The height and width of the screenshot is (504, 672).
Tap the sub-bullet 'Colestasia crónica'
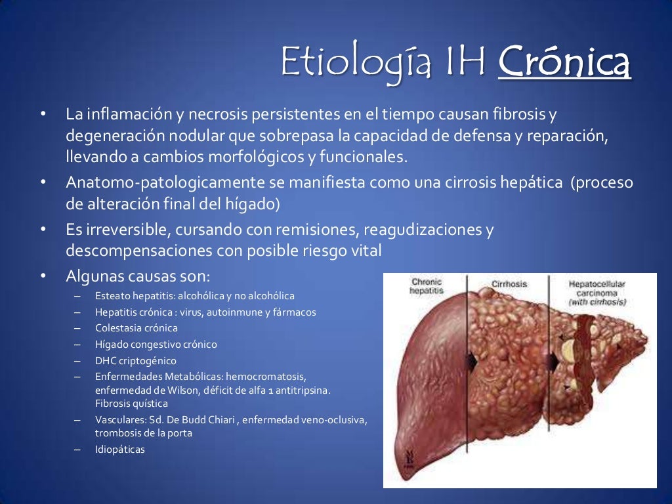coord(136,328)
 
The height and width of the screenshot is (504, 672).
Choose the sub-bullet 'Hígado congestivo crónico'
coord(156,344)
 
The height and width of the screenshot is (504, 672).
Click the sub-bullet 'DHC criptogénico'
coord(135,360)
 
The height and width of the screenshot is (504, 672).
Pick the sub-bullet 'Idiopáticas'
coord(119,450)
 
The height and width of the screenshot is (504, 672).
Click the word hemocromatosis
coord(266,377)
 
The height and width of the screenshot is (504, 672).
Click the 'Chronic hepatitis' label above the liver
coord(427,286)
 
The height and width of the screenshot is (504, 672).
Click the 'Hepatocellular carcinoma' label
coord(597,288)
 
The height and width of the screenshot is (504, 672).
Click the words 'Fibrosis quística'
coord(131,404)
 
